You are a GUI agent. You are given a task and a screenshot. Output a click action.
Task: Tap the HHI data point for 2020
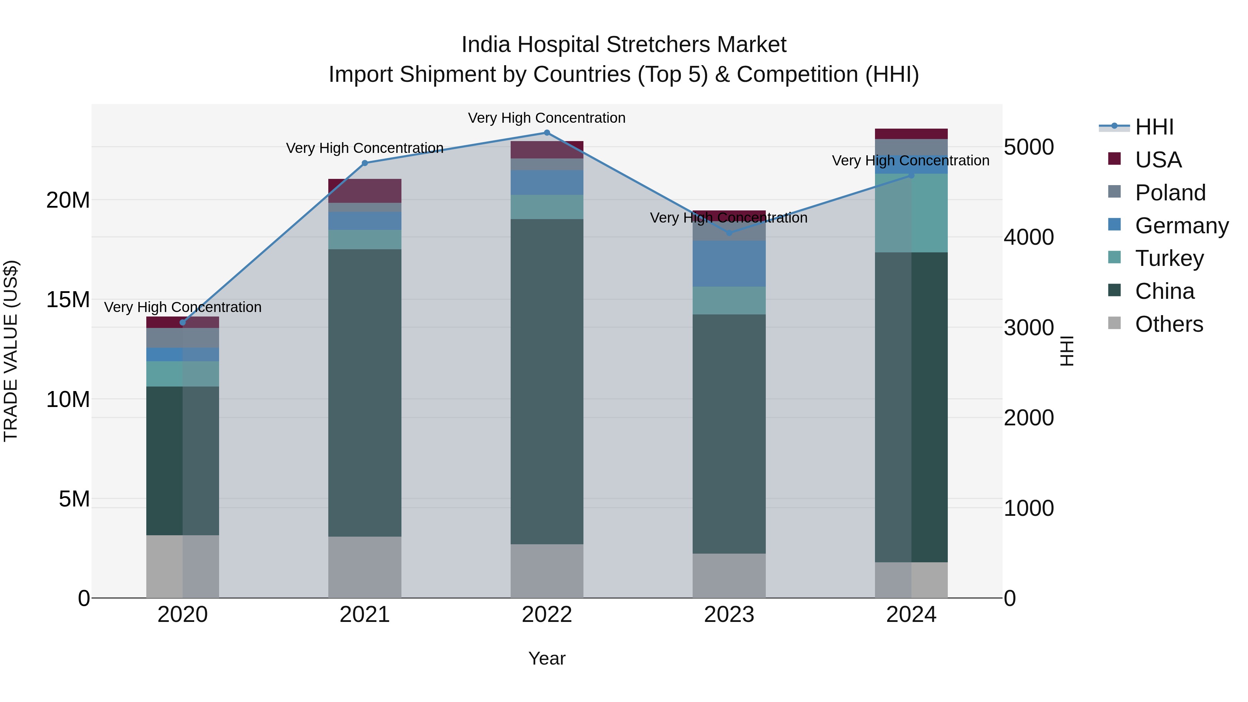point(183,323)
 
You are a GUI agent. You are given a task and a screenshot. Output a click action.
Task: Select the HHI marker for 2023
point(729,233)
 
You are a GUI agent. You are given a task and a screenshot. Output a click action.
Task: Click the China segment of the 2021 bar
point(364,392)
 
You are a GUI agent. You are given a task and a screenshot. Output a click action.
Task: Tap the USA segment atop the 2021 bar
point(364,190)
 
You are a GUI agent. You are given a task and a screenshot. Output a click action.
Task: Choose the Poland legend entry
point(1170,193)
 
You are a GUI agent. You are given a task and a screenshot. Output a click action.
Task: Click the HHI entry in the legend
point(1154,127)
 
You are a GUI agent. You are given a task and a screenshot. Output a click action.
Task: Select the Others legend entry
point(1169,324)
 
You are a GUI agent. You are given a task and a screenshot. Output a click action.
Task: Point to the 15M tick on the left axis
point(68,300)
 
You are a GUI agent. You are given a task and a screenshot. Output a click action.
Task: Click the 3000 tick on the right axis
point(1029,328)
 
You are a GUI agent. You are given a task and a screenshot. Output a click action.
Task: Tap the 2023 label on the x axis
point(729,615)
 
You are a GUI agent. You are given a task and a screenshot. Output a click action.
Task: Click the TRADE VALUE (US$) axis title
point(11,351)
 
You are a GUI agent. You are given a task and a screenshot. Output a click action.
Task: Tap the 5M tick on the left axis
point(74,499)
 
